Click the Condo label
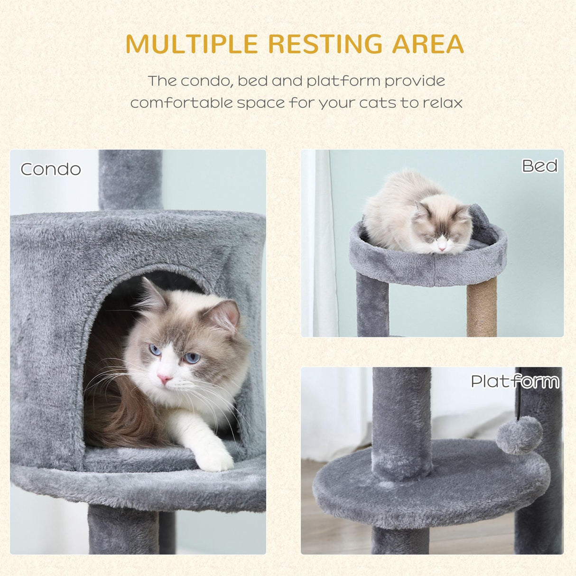click(x=50, y=169)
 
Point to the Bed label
click(x=539, y=166)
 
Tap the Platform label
click(x=515, y=381)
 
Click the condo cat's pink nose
click(x=164, y=378)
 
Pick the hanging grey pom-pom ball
click(x=519, y=435)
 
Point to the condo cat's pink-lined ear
click(x=227, y=315)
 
